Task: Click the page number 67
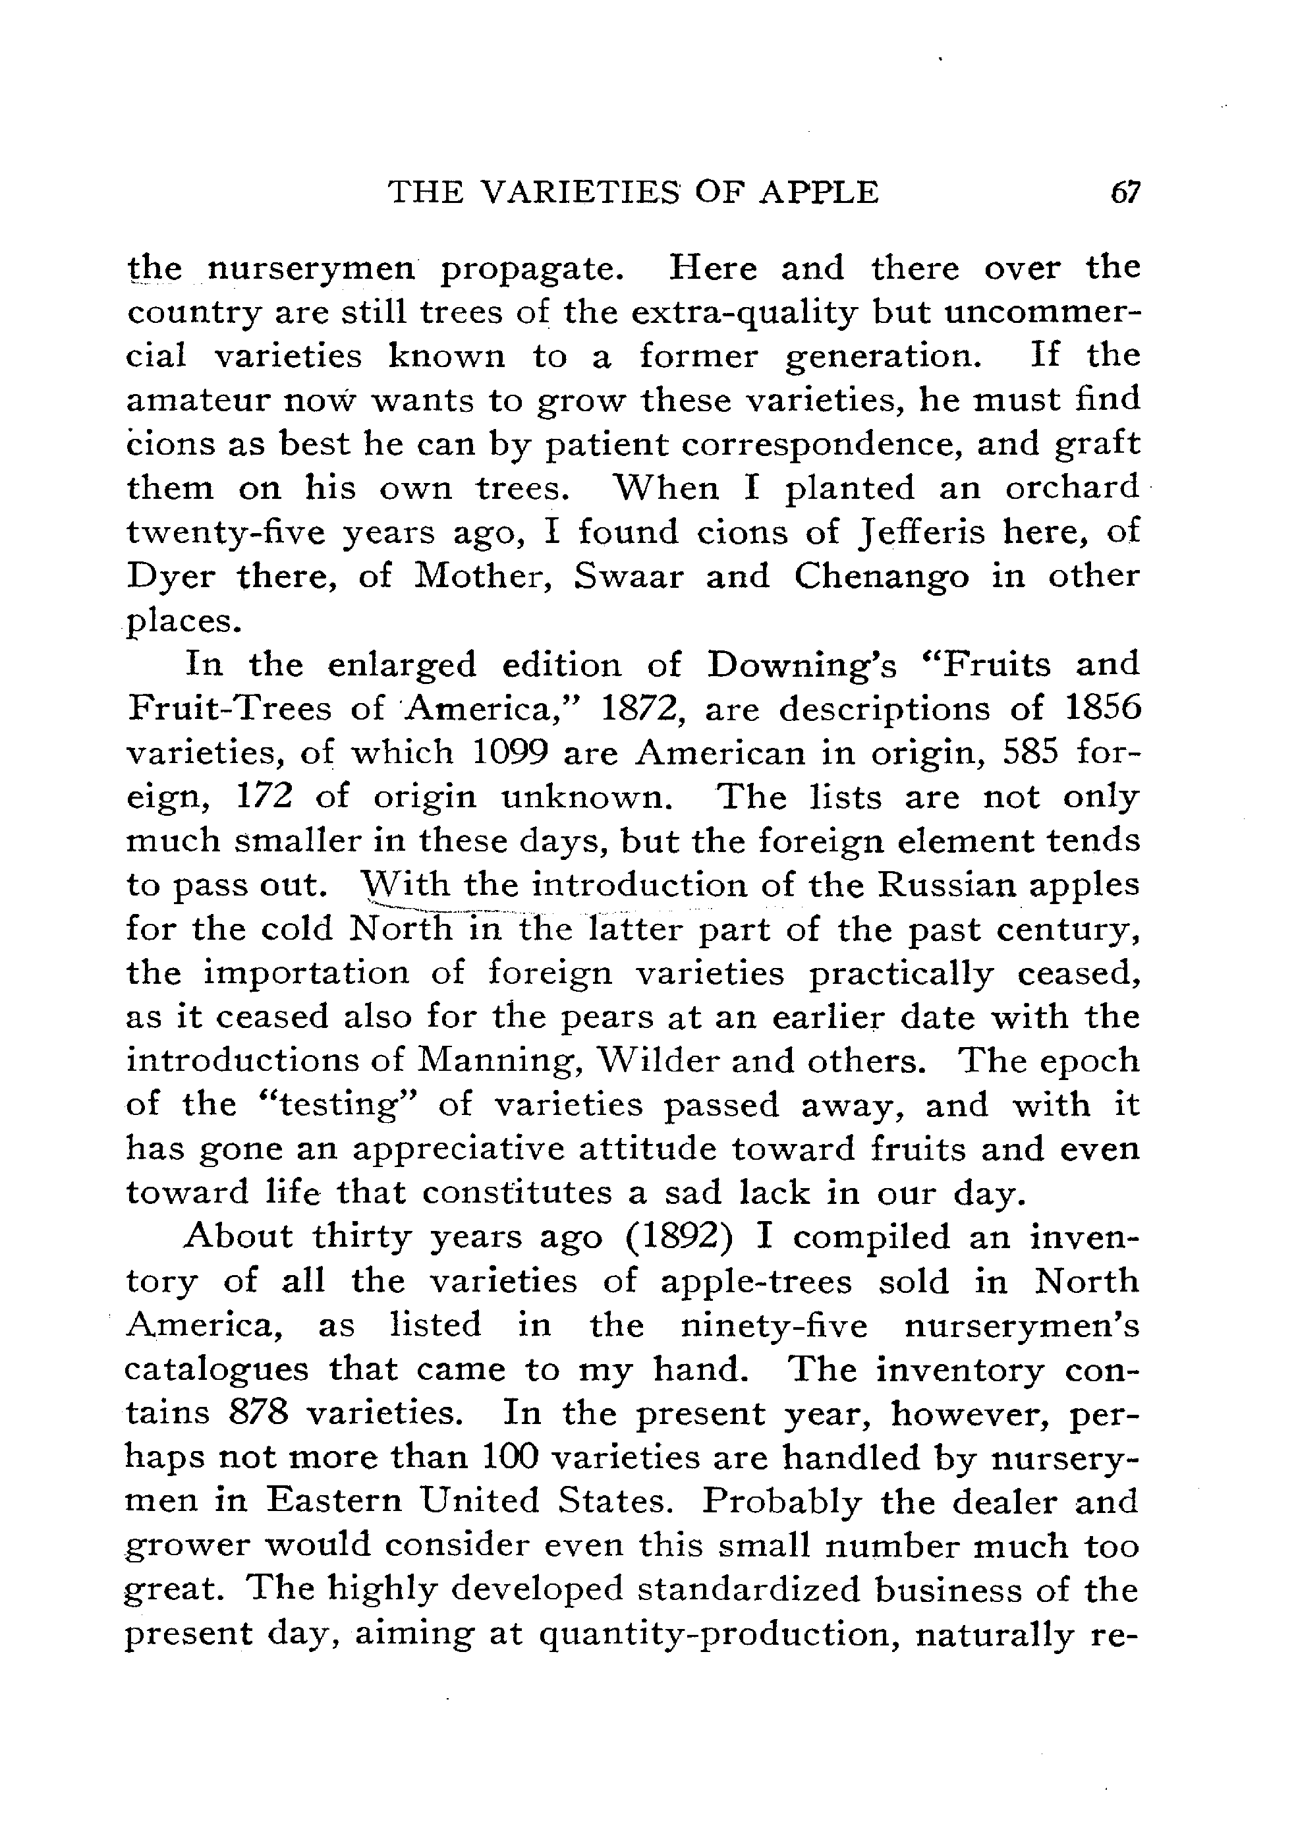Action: click(x=1126, y=193)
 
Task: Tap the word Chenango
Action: click(x=881, y=576)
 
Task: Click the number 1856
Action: click(x=1099, y=708)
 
